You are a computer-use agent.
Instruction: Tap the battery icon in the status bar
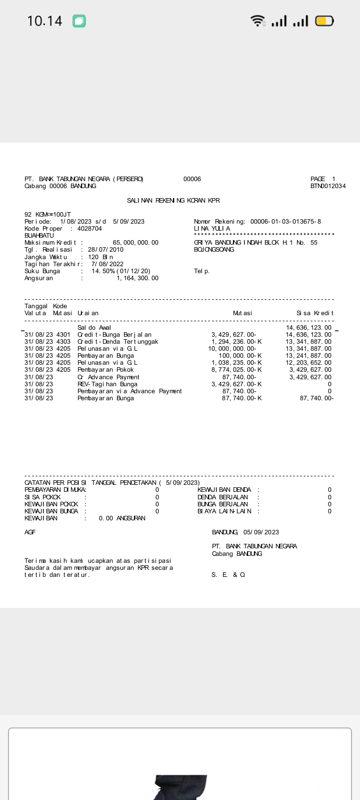pyautogui.click(x=324, y=21)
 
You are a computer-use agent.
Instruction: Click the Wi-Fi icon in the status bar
pyautogui.click(x=258, y=21)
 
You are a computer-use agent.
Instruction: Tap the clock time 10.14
pyautogui.click(x=44, y=21)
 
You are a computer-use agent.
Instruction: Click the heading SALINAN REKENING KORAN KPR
pyautogui.click(x=173, y=201)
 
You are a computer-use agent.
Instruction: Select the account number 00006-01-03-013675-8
pyautogui.click(x=285, y=222)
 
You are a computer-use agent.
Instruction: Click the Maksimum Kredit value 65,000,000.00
pyautogui.click(x=135, y=243)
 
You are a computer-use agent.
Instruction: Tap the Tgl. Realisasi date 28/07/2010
pyautogui.click(x=105, y=250)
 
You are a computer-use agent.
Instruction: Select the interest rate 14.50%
pyautogui.click(x=103, y=271)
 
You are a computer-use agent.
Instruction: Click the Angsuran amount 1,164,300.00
pyautogui.click(x=137, y=278)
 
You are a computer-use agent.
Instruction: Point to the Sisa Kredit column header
pyautogui.click(x=314, y=313)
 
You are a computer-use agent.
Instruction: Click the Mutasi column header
pyautogui.click(x=242, y=313)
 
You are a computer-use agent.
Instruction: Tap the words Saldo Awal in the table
pyautogui.click(x=94, y=328)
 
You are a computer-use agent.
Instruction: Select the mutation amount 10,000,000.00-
pyautogui.click(x=232, y=349)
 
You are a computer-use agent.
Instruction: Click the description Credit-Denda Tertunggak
pyautogui.click(x=117, y=342)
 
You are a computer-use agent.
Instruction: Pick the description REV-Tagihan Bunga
pyautogui.click(x=107, y=384)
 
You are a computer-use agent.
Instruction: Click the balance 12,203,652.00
pyautogui.click(x=308, y=363)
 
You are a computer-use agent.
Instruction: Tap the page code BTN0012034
pyautogui.click(x=328, y=186)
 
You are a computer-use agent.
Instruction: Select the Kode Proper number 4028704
pyautogui.click(x=89, y=229)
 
